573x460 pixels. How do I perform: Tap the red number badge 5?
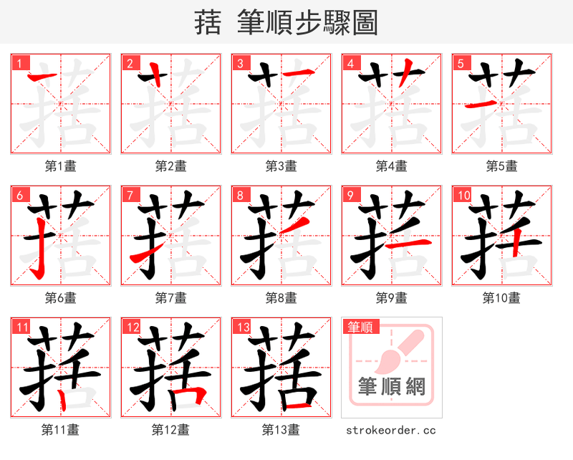tap(460, 63)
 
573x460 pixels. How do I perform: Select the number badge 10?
tap(463, 195)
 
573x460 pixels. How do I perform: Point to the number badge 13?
tap(242, 327)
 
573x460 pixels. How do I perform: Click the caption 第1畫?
tap(61, 166)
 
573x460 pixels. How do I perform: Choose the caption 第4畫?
tap(392, 166)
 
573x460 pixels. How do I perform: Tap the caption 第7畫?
tap(171, 297)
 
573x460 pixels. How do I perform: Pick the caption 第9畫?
tap(392, 297)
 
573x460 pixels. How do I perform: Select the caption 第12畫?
tap(171, 429)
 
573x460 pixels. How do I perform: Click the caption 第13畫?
tap(281, 429)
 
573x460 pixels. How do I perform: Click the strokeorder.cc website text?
tap(391, 430)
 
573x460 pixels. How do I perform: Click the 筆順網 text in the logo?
tap(392, 387)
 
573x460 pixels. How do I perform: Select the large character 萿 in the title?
tap(208, 22)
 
